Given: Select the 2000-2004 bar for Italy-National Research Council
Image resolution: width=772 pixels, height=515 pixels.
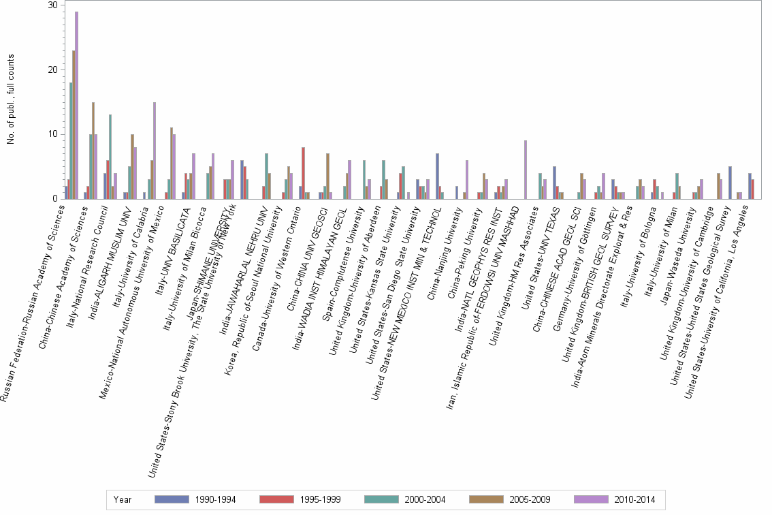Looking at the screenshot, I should click(110, 157).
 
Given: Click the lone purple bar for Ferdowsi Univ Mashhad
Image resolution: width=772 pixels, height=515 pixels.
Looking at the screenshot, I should click(526, 170).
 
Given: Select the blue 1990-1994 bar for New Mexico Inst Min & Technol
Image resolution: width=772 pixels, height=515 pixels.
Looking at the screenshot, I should click(437, 176).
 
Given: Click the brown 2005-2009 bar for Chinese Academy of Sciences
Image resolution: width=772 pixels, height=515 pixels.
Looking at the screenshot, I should click(93, 151).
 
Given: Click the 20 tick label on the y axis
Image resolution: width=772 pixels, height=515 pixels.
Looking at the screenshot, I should click(52, 69).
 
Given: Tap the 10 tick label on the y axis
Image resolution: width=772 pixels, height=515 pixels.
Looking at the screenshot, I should click(52, 134).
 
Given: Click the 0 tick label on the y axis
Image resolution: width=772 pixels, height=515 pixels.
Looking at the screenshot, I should click(54, 198).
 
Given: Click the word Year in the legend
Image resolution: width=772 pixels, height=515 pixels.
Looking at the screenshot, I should click(123, 499).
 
